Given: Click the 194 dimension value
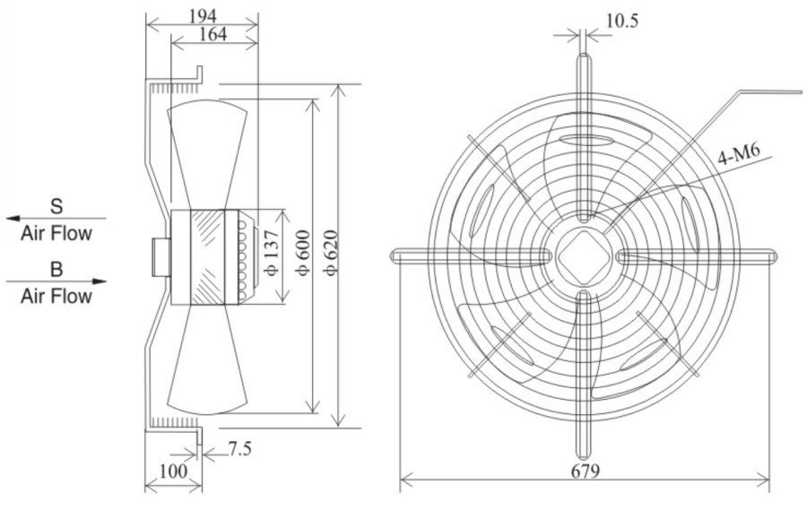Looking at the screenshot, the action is pos(203,16).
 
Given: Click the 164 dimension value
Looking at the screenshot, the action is pos(213,34).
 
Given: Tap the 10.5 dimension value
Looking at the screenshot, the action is pos(621,22).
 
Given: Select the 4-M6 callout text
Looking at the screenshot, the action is pos(739,154).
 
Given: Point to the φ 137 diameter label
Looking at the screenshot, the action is pos(273,253).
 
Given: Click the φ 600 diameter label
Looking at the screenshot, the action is pos(303,253).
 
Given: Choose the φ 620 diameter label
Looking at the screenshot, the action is pos(331,253).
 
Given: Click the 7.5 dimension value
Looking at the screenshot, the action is pos(239,449).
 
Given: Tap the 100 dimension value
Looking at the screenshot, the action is pos(173,471).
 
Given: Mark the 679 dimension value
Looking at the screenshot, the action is pos(586,471).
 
